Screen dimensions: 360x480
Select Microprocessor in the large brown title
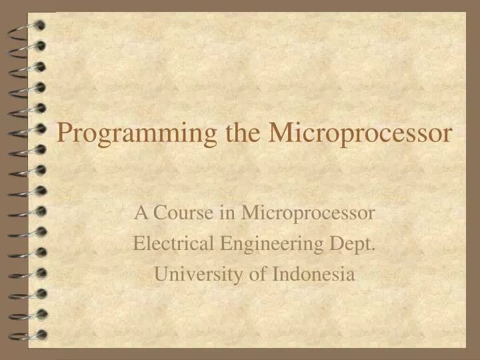coord(360,133)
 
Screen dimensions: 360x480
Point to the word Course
coord(181,213)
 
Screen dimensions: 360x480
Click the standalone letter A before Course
coord(141,213)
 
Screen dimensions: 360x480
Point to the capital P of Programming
coord(64,133)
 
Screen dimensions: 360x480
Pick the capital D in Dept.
coord(336,244)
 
